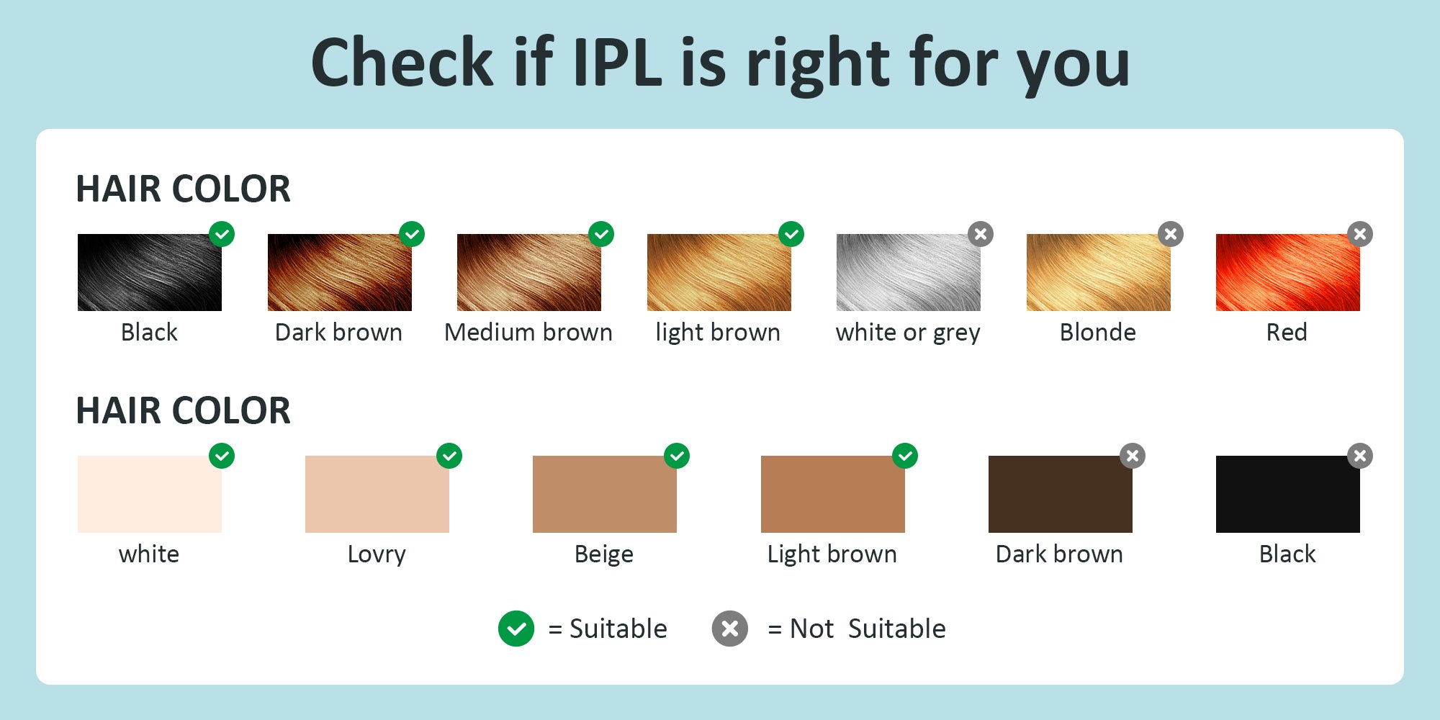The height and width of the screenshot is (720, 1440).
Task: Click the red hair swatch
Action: [x=1287, y=272]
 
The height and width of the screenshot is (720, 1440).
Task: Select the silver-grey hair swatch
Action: [x=908, y=272]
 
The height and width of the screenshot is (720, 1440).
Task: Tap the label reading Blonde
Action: [x=1097, y=332]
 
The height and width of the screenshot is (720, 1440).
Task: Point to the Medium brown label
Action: [x=528, y=332]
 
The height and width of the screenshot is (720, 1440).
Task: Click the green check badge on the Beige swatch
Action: [x=677, y=456]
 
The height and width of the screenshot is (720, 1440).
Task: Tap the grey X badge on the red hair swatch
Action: [x=1360, y=234]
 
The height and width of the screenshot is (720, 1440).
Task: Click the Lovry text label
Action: [x=377, y=554]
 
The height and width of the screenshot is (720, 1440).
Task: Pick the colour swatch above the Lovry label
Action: [x=377, y=494]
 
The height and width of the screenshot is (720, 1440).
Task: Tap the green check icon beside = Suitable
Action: [x=516, y=629]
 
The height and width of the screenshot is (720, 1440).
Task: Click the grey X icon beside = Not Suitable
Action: [x=730, y=629]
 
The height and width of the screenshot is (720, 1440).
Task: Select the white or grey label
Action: [x=908, y=333]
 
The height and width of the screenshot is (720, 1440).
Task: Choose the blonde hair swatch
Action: [x=1098, y=272]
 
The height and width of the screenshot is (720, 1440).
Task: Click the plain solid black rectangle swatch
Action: [x=1288, y=494]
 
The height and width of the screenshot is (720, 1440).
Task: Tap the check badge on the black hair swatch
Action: [x=222, y=234]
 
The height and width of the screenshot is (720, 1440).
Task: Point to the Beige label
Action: [x=604, y=554]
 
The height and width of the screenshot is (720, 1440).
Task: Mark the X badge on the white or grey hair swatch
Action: [x=981, y=234]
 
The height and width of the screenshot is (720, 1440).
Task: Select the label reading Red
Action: [x=1287, y=332]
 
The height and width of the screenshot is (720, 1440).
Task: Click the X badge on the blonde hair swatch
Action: [x=1171, y=234]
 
